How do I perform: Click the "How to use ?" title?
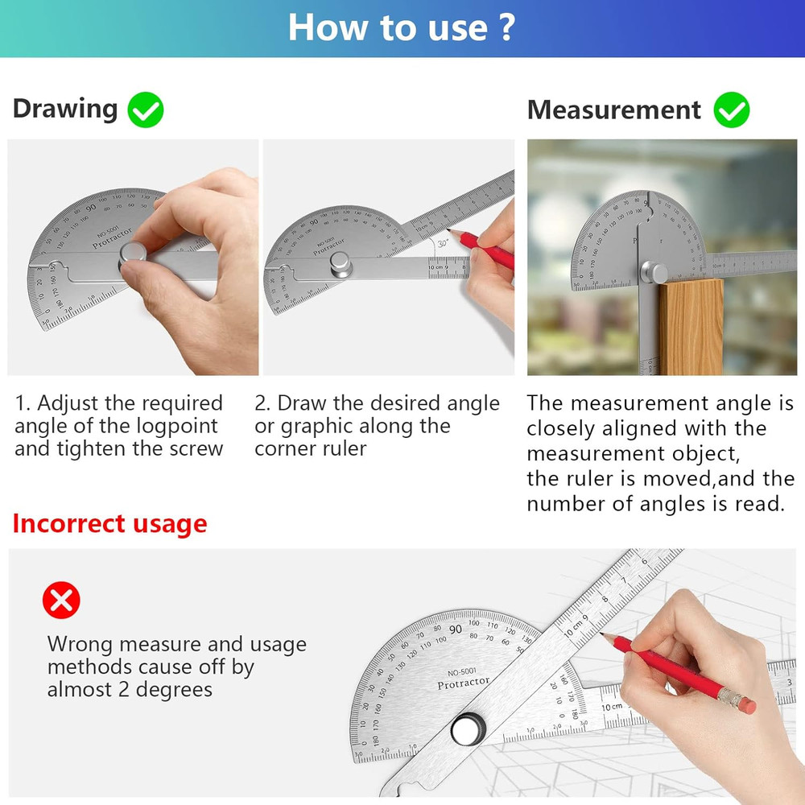pos(401,27)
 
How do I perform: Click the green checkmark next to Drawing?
pos(145,110)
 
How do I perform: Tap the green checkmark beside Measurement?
pos(731,110)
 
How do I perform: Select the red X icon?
pos(61,601)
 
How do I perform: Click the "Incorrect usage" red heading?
pos(109,524)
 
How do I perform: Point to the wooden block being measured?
pos(691,326)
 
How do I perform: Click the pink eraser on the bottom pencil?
pos(745,704)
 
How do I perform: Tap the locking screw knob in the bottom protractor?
pos(466,729)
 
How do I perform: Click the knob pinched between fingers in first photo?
pos(134,255)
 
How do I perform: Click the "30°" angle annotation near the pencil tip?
pos(442,242)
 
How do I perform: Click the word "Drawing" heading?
pos(65,109)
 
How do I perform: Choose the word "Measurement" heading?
pos(614,110)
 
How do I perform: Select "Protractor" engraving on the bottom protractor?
pos(463,683)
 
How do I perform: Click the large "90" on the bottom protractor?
pos(456,629)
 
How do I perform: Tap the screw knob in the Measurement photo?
pos(657,274)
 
